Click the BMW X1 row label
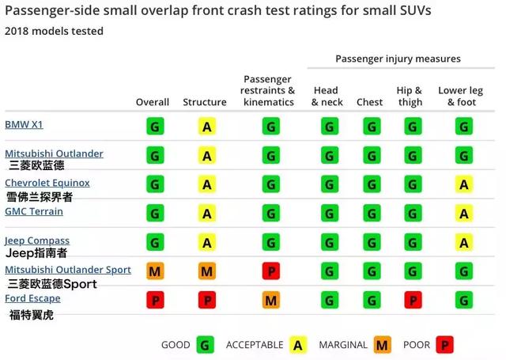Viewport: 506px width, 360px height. [x=25, y=124]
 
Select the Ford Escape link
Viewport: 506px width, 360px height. [x=32, y=298]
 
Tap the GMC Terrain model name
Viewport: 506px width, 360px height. [x=34, y=211]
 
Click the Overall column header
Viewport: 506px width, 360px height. [x=153, y=102]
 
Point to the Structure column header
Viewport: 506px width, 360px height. [x=205, y=102]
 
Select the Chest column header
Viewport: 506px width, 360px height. [x=369, y=102]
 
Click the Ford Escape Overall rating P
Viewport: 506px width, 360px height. [x=155, y=300]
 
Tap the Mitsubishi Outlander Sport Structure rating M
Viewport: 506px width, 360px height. [x=206, y=271]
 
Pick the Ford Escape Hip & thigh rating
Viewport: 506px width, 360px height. [x=412, y=300]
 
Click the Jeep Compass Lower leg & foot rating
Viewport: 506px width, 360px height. [x=464, y=242]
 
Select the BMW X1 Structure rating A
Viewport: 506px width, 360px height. [x=206, y=127]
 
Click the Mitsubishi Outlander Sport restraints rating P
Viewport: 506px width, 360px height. [x=270, y=271]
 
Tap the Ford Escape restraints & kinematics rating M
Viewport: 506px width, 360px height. [x=270, y=300]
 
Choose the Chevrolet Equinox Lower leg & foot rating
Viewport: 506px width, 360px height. [x=464, y=184]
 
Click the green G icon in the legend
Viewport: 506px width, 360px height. [x=206, y=345]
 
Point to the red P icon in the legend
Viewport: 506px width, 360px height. [x=445, y=345]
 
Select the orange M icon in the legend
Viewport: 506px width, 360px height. [x=383, y=345]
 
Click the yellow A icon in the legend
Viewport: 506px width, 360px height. [x=298, y=345]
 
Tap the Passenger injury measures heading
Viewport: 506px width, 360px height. [x=398, y=59]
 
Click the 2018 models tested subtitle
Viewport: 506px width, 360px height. [x=54, y=31]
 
